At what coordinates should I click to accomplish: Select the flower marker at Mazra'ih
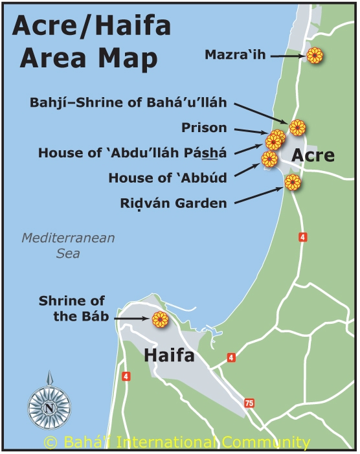[315, 56]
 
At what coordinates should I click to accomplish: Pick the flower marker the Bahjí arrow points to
[297, 128]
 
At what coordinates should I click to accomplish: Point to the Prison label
[204, 128]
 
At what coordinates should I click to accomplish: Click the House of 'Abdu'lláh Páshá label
[132, 153]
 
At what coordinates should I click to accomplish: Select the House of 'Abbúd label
[168, 177]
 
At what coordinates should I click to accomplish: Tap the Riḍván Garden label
[174, 203]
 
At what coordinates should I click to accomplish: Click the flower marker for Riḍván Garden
[293, 183]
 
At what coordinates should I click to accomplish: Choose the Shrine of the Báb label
[71, 309]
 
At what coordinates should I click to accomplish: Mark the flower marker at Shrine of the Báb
[159, 319]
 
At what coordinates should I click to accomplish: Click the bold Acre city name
[313, 155]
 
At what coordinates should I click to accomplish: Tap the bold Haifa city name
[169, 356]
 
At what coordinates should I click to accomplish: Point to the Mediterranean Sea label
[67, 245]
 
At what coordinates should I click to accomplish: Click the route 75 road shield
[249, 403]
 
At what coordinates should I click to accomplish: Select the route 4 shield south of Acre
[302, 237]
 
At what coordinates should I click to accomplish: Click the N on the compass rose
[49, 408]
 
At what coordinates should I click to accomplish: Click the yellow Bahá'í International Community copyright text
[176, 442]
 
